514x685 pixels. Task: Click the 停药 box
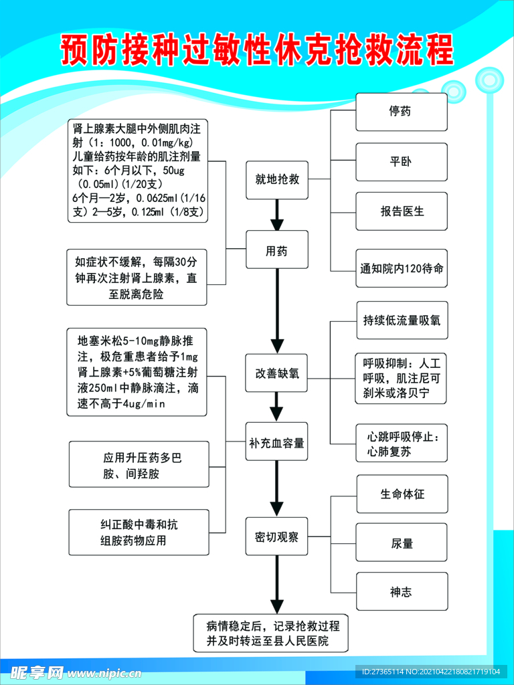click(x=401, y=112)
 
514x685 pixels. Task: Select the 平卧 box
click(x=401, y=162)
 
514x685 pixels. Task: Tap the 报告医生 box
click(x=401, y=211)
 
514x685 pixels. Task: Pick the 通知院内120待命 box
click(x=401, y=269)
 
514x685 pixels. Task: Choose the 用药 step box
click(x=277, y=250)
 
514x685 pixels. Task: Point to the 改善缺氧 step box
click(x=277, y=373)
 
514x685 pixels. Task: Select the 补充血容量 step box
click(x=277, y=442)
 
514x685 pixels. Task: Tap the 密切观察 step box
click(x=277, y=536)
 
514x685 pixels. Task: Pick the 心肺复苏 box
click(x=401, y=444)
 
